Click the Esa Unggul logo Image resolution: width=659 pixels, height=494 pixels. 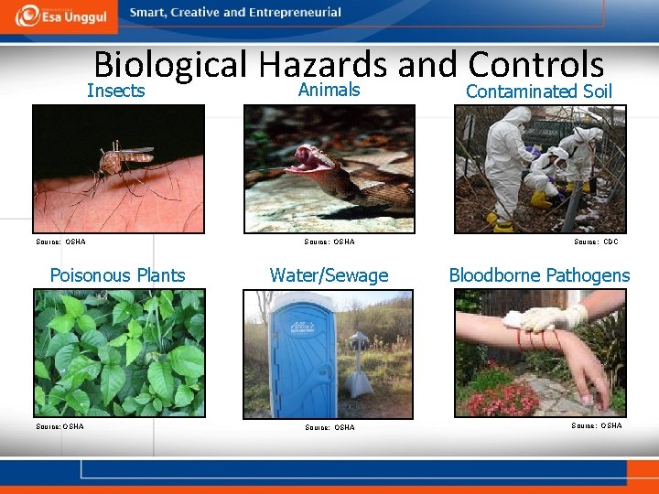pyautogui.click(x=62, y=16)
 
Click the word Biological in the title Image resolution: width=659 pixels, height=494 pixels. pyautogui.click(x=170, y=65)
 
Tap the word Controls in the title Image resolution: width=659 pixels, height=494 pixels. pyautogui.click(x=535, y=65)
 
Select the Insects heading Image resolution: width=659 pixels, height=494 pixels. pyautogui.click(x=116, y=91)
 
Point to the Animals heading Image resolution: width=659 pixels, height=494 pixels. pyautogui.click(x=329, y=90)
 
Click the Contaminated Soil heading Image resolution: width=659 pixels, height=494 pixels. pyautogui.click(x=538, y=91)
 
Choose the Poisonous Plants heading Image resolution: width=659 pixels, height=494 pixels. pyautogui.click(x=117, y=275)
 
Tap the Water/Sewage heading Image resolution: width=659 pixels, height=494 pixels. pyautogui.click(x=329, y=275)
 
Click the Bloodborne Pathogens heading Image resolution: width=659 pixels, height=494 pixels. pyautogui.click(x=539, y=275)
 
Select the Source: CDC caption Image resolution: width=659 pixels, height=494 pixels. pyautogui.click(x=596, y=242)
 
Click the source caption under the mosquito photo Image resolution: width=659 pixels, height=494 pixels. pyautogui.click(x=61, y=242)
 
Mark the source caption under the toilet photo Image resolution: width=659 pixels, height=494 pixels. pyautogui.click(x=329, y=427)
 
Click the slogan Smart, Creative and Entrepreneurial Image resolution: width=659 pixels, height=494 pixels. pyautogui.click(x=235, y=13)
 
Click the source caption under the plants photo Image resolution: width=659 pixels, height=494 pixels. pyautogui.click(x=60, y=426)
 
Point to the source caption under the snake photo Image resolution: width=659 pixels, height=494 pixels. pyautogui.click(x=329, y=242)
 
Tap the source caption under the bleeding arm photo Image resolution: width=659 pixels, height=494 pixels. pyautogui.click(x=596, y=425)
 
